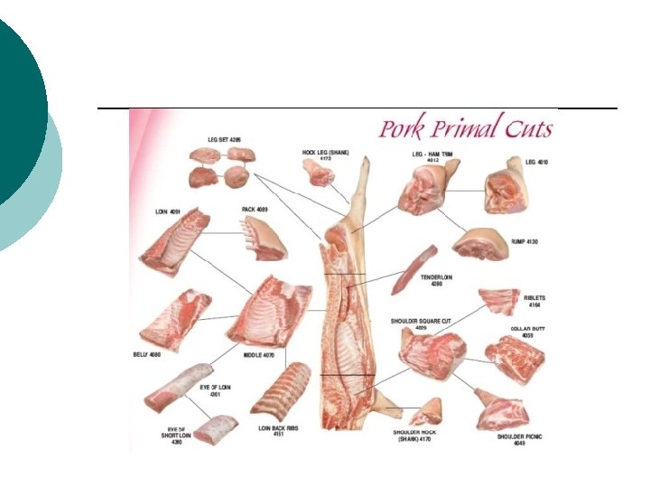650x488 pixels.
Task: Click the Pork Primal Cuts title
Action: [465, 127]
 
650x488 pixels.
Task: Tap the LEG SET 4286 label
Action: [224, 140]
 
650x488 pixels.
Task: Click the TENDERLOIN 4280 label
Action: [437, 281]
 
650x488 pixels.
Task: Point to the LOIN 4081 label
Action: [168, 212]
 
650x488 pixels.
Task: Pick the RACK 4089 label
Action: [255, 210]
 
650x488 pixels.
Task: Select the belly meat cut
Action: [176, 318]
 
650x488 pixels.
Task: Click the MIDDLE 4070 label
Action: [258, 355]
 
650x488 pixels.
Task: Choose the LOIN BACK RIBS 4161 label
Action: [279, 431]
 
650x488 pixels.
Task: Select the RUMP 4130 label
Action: [525, 243]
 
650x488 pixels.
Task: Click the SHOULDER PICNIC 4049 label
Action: [518, 440]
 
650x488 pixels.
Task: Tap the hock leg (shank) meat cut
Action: [319, 174]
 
